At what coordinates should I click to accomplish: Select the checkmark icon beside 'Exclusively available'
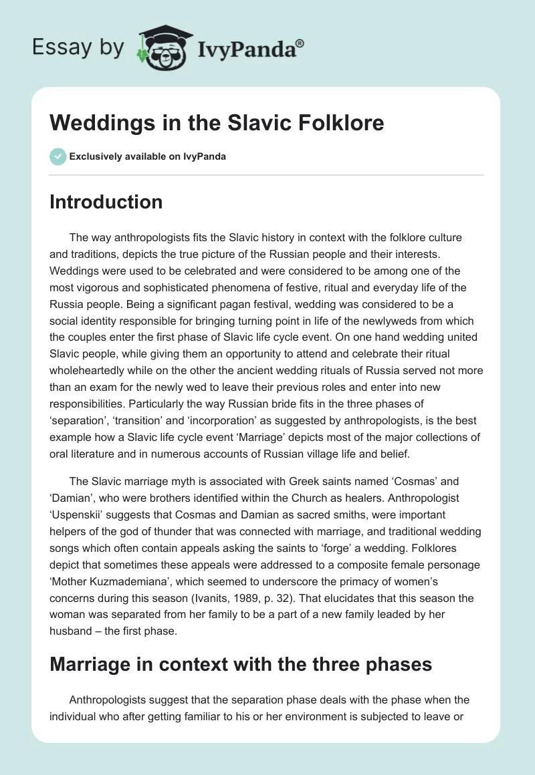tap(57, 156)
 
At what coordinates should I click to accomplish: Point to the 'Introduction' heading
tap(106, 202)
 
